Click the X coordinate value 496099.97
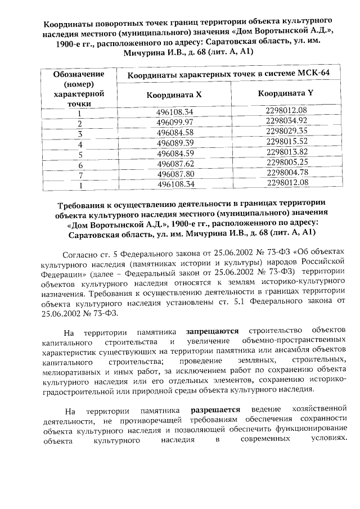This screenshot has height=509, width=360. [x=175, y=121]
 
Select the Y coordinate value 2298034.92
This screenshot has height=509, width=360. [x=287, y=121]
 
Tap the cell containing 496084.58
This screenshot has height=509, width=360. [x=175, y=132]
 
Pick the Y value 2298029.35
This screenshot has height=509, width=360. [x=287, y=131]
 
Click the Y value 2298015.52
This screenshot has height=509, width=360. [x=287, y=141]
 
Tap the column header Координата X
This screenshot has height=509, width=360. [x=174, y=95]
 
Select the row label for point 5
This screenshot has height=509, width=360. [x=80, y=154]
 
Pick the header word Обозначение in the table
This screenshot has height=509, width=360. [x=79, y=74]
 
